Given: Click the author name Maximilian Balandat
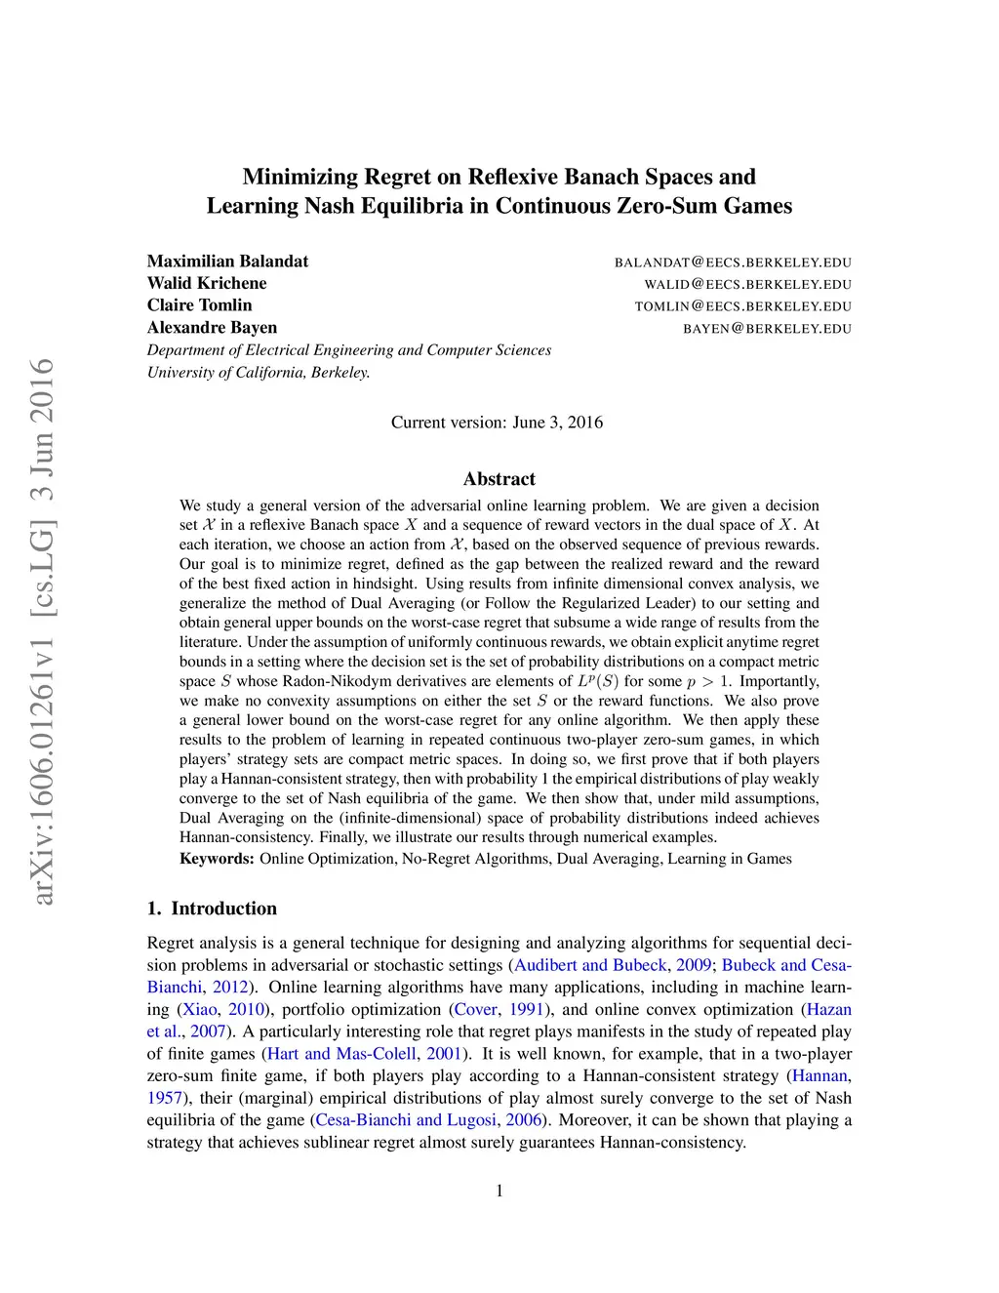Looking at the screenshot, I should click(x=227, y=262).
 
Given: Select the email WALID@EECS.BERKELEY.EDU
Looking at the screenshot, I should click(x=747, y=284).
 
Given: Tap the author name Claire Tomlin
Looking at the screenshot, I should click(x=199, y=305).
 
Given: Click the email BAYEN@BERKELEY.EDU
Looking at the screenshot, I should click(x=767, y=329).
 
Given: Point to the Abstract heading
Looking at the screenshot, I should click(x=499, y=479).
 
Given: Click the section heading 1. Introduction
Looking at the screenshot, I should click(x=212, y=909).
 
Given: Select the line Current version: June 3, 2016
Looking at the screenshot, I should click(x=497, y=423).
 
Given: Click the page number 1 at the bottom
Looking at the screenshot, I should click(x=499, y=1191).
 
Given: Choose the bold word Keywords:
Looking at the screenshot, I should click(x=217, y=859).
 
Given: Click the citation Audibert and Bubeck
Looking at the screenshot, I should click(x=590, y=965).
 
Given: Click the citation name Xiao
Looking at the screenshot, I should click(x=200, y=1010).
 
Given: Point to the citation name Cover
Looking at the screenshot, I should click(x=476, y=1010).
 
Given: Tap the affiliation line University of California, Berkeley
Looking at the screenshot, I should click(x=259, y=372).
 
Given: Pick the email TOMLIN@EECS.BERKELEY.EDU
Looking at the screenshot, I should click(x=742, y=306).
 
